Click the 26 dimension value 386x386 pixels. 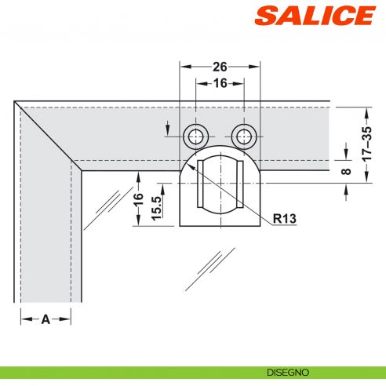click(x=220, y=67)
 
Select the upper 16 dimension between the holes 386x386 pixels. click(x=220, y=82)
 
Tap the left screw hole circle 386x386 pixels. click(x=195, y=137)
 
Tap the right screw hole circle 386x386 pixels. click(x=245, y=137)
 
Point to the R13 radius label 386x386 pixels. click(x=284, y=219)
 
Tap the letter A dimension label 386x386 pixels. click(x=46, y=319)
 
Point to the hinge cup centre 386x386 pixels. click(x=220, y=183)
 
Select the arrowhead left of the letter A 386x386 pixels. click(x=24, y=319)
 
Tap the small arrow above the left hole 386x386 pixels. click(x=168, y=125)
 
